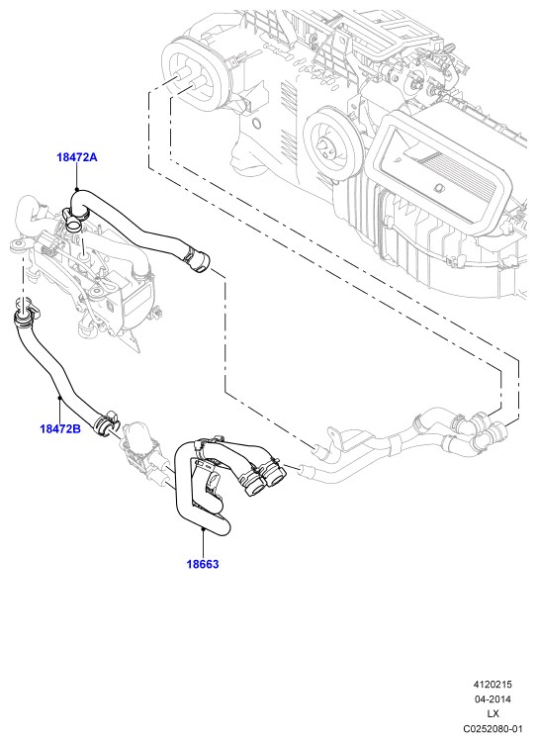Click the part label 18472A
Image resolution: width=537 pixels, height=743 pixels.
pyautogui.click(x=77, y=157)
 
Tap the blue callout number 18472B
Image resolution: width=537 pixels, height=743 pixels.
pyautogui.click(x=60, y=428)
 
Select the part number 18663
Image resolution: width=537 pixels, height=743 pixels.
pyautogui.click(x=203, y=564)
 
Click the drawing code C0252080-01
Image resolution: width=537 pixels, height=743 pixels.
pyautogui.click(x=492, y=728)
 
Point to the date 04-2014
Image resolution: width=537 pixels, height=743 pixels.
pyautogui.click(x=492, y=698)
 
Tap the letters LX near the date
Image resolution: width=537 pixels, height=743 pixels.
pyautogui.click(x=492, y=713)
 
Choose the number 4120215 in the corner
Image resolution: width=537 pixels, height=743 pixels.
pyautogui.click(x=492, y=685)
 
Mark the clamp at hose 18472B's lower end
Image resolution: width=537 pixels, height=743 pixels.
pyautogui.click(x=107, y=421)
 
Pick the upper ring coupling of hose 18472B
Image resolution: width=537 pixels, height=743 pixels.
pyautogui.click(x=25, y=317)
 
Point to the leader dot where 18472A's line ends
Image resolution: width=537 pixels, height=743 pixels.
pyautogui.click(x=76, y=189)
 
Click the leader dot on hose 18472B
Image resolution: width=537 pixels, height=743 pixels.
pyautogui.click(x=59, y=397)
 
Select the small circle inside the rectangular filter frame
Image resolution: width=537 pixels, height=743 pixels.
pyautogui.click(x=438, y=189)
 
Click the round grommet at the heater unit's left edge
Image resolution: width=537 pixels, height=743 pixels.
pyautogui.click(x=18, y=246)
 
